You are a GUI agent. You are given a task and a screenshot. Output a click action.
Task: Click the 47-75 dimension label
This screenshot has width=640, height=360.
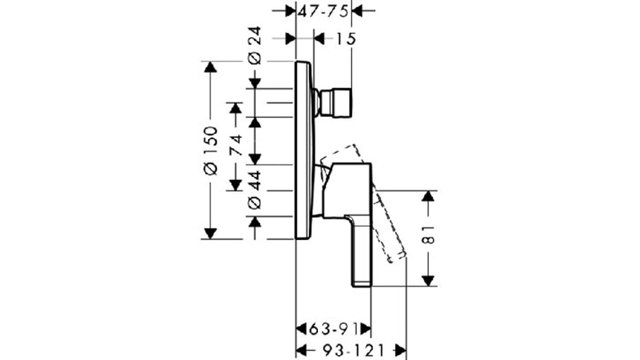[323, 12]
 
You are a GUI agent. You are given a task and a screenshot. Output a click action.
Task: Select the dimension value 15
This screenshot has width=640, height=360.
[345, 39]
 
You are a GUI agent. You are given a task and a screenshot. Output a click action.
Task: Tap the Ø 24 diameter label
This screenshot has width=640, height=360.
[254, 46]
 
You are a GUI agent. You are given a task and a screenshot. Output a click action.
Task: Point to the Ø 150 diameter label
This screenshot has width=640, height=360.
[210, 151]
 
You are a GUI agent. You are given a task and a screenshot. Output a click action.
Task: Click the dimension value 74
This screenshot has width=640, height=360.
[235, 145]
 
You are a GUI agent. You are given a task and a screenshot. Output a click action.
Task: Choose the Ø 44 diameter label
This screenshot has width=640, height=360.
[254, 190]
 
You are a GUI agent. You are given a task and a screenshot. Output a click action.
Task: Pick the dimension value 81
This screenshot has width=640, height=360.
[428, 234]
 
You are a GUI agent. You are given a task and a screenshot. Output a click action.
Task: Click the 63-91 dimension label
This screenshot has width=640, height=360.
[333, 329]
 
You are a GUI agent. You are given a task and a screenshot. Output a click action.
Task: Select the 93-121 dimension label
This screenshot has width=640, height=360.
[354, 350]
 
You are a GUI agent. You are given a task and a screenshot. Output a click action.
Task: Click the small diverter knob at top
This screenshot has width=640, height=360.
[335, 103]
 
